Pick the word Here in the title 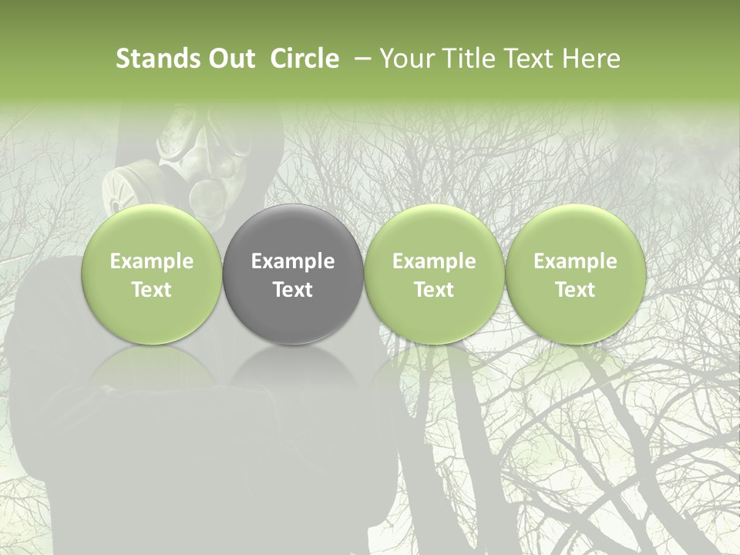point(591,59)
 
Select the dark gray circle point(293,274)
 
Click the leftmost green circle point(152,274)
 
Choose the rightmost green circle point(575,274)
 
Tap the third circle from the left point(434,274)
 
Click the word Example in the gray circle point(293,261)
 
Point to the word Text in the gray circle point(293,290)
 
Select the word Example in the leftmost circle point(152,261)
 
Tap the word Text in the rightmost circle point(575,290)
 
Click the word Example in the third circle point(434,261)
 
